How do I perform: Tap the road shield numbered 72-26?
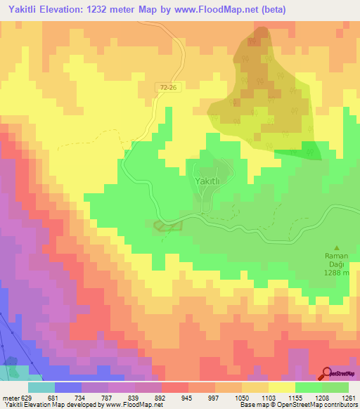(167, 86)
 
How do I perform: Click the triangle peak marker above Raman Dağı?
(336, 248)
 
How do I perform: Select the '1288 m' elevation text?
(336, 273)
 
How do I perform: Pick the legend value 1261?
(349, 398)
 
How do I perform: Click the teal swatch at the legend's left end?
(41, 387)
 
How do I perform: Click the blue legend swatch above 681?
(67, 387)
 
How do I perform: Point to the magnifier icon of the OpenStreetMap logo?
(327, 374)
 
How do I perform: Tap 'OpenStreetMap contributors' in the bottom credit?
(324, 405)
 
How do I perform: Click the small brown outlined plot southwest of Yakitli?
(167, 226)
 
